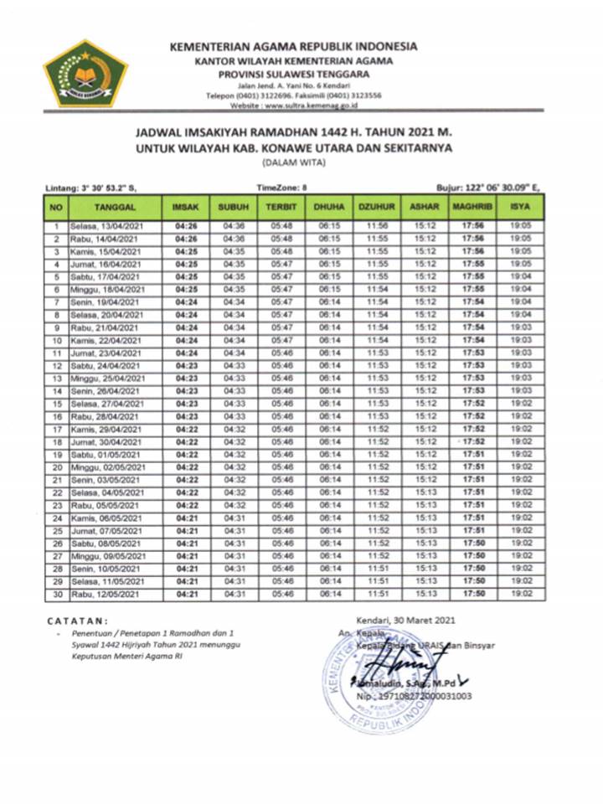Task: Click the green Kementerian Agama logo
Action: [85, 72]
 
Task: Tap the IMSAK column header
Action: [185, 205]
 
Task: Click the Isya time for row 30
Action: [521, 595]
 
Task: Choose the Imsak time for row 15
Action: [186, 404]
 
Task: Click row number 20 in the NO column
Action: [56, 467]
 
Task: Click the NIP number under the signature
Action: [413, 695]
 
